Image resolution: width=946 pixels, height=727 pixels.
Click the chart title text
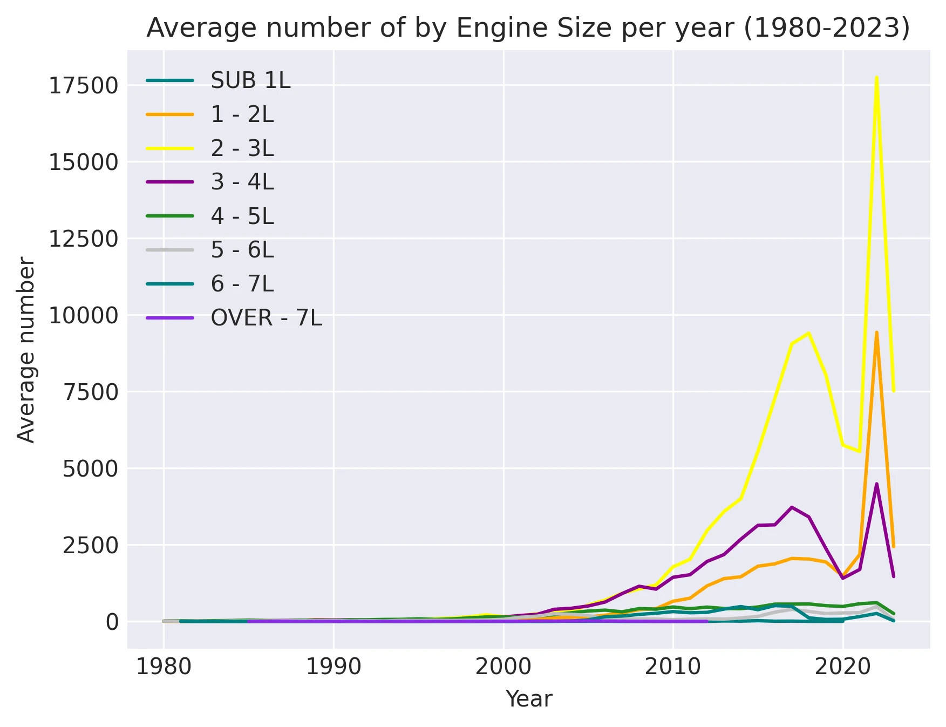point(528,28)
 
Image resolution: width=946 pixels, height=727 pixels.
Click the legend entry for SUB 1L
point(250,81)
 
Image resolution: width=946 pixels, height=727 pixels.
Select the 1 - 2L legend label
point(242,114)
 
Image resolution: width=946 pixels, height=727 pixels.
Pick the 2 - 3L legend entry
point(242,148)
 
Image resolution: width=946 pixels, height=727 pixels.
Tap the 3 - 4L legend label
point(242,182)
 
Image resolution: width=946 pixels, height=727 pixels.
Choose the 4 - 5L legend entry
point(242,216)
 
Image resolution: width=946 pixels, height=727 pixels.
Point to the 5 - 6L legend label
point(242,250)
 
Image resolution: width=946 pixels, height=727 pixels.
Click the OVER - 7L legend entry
point(266,318)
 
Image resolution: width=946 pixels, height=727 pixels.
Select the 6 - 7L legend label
point(242,284)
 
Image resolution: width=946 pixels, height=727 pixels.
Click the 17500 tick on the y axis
point(83,86)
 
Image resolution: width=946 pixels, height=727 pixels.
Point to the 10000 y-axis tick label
point(83,316)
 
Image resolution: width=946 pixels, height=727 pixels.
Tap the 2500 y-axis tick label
point(90,546)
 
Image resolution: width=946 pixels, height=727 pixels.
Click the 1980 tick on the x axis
point(164,667)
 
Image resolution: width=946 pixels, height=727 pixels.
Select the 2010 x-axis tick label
point(673,667)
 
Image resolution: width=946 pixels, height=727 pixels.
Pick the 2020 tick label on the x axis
point(842,667)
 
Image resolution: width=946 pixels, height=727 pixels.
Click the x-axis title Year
point(528,699)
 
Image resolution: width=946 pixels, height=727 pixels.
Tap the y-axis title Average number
point(26,350)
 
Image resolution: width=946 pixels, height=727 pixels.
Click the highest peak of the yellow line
point(876,77)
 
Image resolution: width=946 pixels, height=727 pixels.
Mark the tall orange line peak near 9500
point(876,332)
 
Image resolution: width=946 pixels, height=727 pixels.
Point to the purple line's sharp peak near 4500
point(876,484)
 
